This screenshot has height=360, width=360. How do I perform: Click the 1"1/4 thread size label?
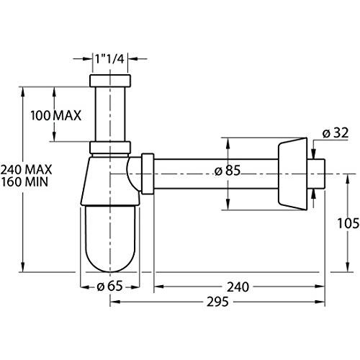(109, 59)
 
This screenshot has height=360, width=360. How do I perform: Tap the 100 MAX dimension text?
(55, 116)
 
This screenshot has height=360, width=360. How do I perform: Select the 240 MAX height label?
(26, 170)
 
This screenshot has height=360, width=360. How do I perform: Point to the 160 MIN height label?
(24, 181)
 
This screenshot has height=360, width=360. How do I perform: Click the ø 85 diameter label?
(228, 171)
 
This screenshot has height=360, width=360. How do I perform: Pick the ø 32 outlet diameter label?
(336, 133)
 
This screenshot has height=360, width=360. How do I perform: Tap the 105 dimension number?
(348, 223)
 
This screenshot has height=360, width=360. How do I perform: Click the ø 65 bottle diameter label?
(109, 286)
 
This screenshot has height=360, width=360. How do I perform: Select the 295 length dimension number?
(217, 302)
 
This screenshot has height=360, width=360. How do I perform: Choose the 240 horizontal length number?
(238, 287)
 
